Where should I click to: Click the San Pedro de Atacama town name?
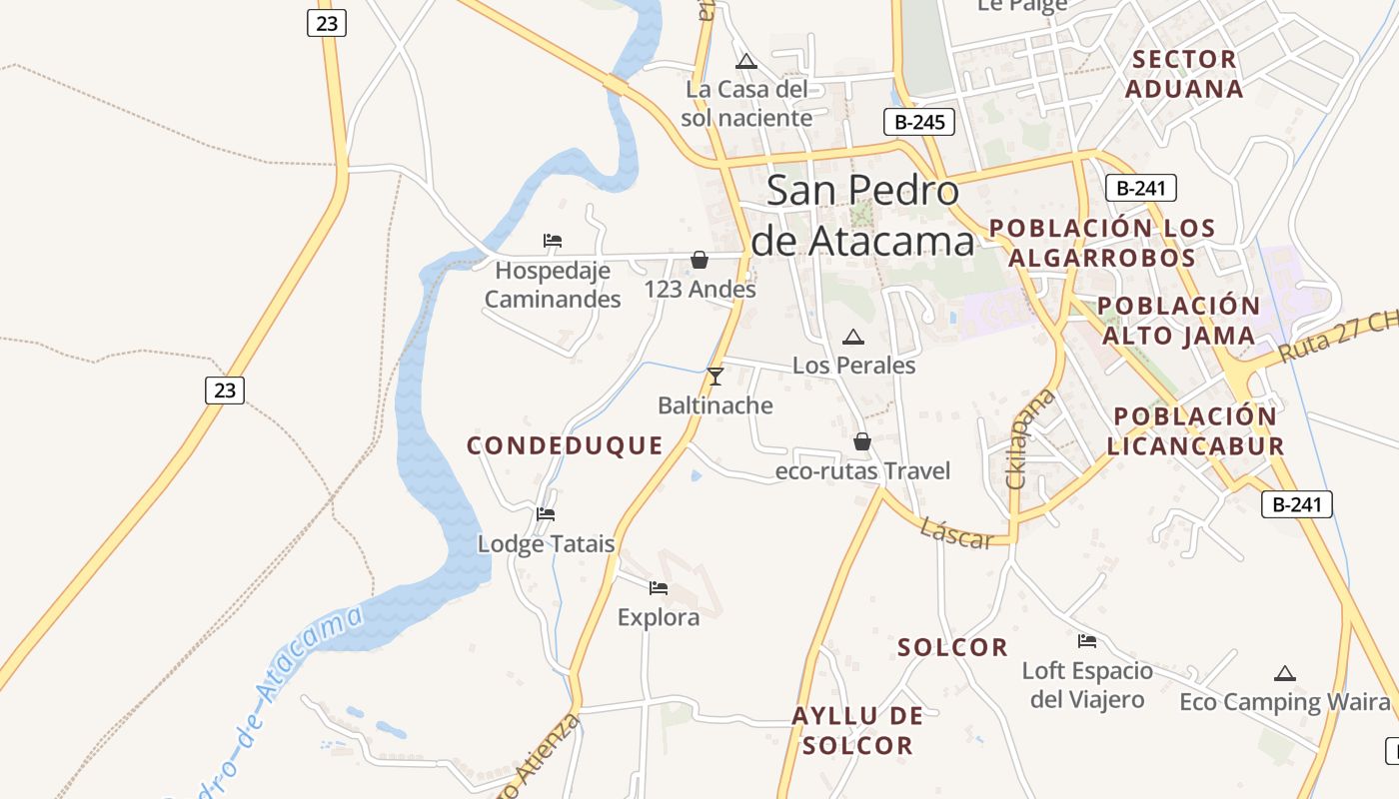coord(862,216)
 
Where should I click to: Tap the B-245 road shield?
coord(919,123)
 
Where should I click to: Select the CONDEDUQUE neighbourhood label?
coord(565,445)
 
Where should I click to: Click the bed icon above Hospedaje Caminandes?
coord(553,240)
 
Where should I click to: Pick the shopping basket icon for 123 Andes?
coord(699,260)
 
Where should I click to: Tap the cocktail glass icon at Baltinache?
coord(714,377)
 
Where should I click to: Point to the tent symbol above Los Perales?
coord(852,338)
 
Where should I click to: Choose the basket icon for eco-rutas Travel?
coord(862,441)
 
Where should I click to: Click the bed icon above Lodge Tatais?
coord(546,514)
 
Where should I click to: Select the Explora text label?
coord(659,617)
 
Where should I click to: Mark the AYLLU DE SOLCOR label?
coord(857,730)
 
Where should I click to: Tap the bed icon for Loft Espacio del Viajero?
coord(1087,641)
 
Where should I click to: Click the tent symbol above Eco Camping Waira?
coord(1285,674)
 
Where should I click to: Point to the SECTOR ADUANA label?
coord(1185,74)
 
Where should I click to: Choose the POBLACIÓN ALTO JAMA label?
coord(1178,320)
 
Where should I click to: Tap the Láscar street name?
coord(957,533)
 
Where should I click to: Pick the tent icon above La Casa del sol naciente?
coord(746,62)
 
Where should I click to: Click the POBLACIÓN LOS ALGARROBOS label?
coord(1102,242)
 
